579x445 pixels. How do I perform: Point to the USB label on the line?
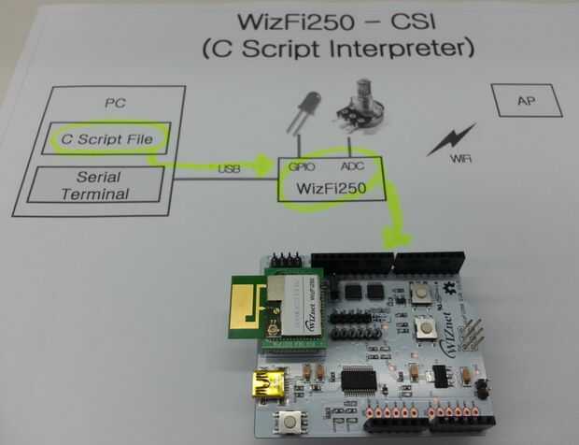(x=229, y=168)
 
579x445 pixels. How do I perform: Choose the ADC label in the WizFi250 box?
(x=353, y=167)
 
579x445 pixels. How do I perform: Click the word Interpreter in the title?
(x=402, y=48)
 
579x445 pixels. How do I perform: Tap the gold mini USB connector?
(x=272, y=381)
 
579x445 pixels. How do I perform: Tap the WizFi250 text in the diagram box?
(x=329, y=187)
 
